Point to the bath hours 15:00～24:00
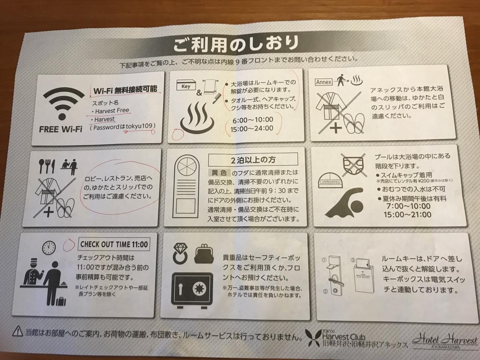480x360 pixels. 252,128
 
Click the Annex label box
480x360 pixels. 323,82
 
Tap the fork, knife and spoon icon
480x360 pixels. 47,166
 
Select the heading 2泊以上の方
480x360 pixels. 253,160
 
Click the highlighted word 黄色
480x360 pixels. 219,173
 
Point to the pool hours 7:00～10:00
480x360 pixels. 408,206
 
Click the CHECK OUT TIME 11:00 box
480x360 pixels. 114,244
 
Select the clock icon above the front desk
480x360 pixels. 49,247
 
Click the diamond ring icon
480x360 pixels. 180,254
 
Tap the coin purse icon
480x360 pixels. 204,254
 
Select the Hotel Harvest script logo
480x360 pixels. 445,342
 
